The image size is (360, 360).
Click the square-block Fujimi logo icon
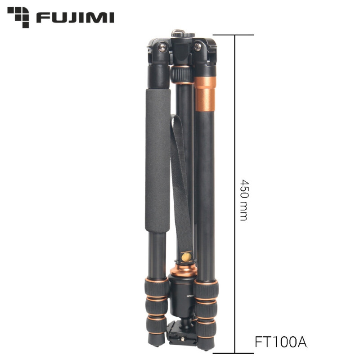tap(18, 17)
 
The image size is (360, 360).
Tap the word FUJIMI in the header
tap(75, 18)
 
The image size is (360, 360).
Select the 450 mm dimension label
tap(244, 200)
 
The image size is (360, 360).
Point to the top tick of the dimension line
tap(235, 35)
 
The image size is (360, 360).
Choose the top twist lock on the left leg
tap(157, 285)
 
